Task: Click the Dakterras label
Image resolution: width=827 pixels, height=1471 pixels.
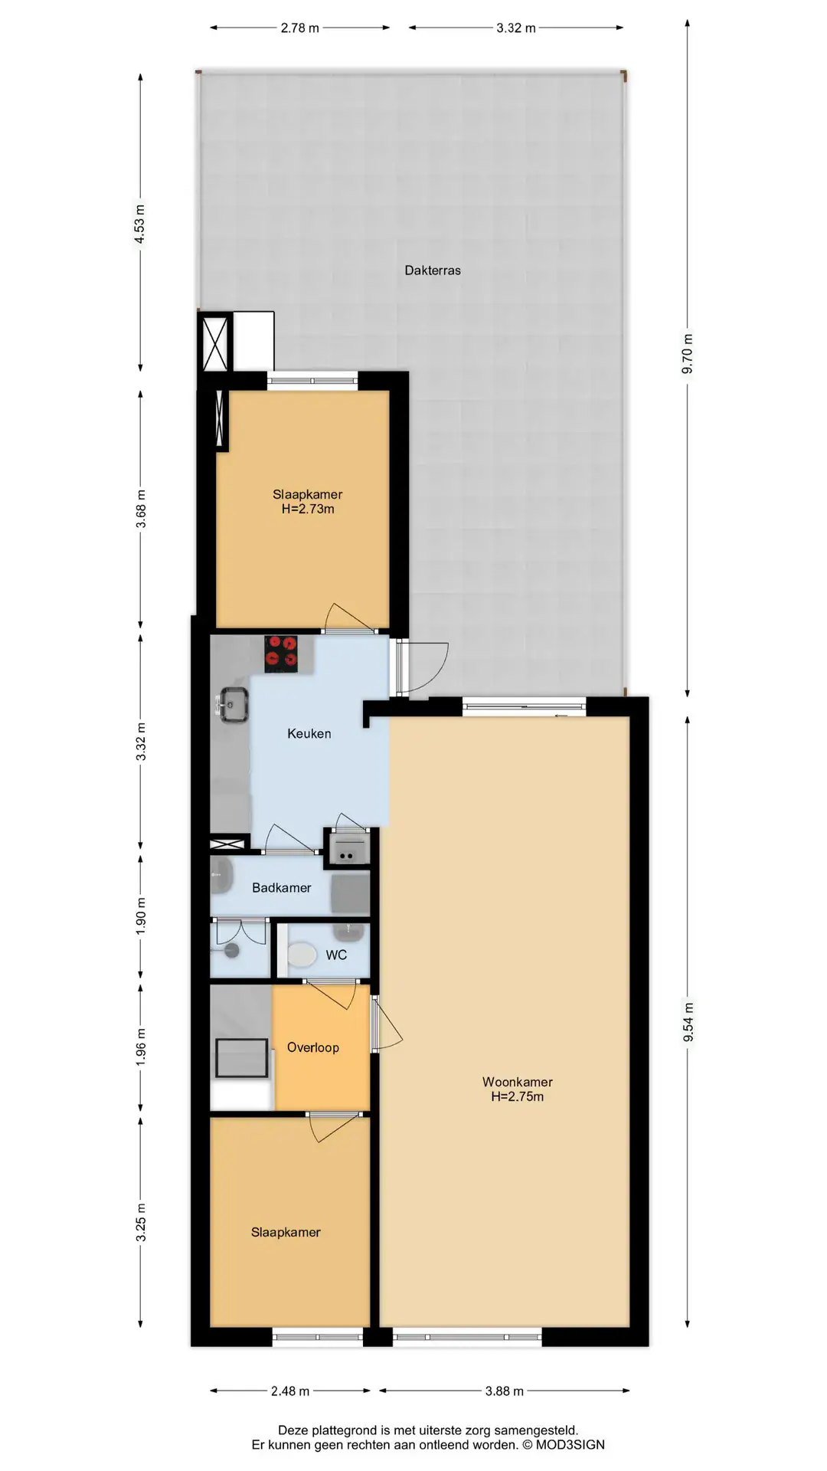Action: [433, 270]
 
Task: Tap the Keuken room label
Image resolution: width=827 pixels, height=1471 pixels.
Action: [309, 734]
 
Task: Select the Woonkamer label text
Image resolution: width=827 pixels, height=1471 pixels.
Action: [518, 1082]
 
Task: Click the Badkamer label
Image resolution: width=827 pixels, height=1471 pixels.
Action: [282, 888]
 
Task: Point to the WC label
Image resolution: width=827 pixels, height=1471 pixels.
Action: [336, 955]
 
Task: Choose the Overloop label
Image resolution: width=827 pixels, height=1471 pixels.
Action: [313, 1047]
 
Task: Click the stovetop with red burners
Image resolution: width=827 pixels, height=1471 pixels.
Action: [281, 654]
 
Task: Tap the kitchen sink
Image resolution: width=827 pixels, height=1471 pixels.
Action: [233, 705]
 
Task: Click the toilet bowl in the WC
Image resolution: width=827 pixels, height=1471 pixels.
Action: [302, 955]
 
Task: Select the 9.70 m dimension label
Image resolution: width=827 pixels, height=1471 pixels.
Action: [688, 355]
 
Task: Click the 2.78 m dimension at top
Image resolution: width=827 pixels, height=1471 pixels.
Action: [299, 28]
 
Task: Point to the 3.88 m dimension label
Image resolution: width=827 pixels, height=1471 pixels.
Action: [505, 1391]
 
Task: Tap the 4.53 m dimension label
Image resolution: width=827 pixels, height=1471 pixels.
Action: [139, 224]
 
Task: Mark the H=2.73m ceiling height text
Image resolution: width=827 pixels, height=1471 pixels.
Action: [308, 509]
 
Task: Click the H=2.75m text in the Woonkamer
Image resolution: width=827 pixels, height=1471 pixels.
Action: [518, 1096]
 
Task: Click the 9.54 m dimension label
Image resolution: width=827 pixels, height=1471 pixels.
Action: [688, 1022]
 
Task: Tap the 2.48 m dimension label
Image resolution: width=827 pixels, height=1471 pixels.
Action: [290, 1391]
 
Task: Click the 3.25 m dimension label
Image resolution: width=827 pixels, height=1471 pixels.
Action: [141, 1223]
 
